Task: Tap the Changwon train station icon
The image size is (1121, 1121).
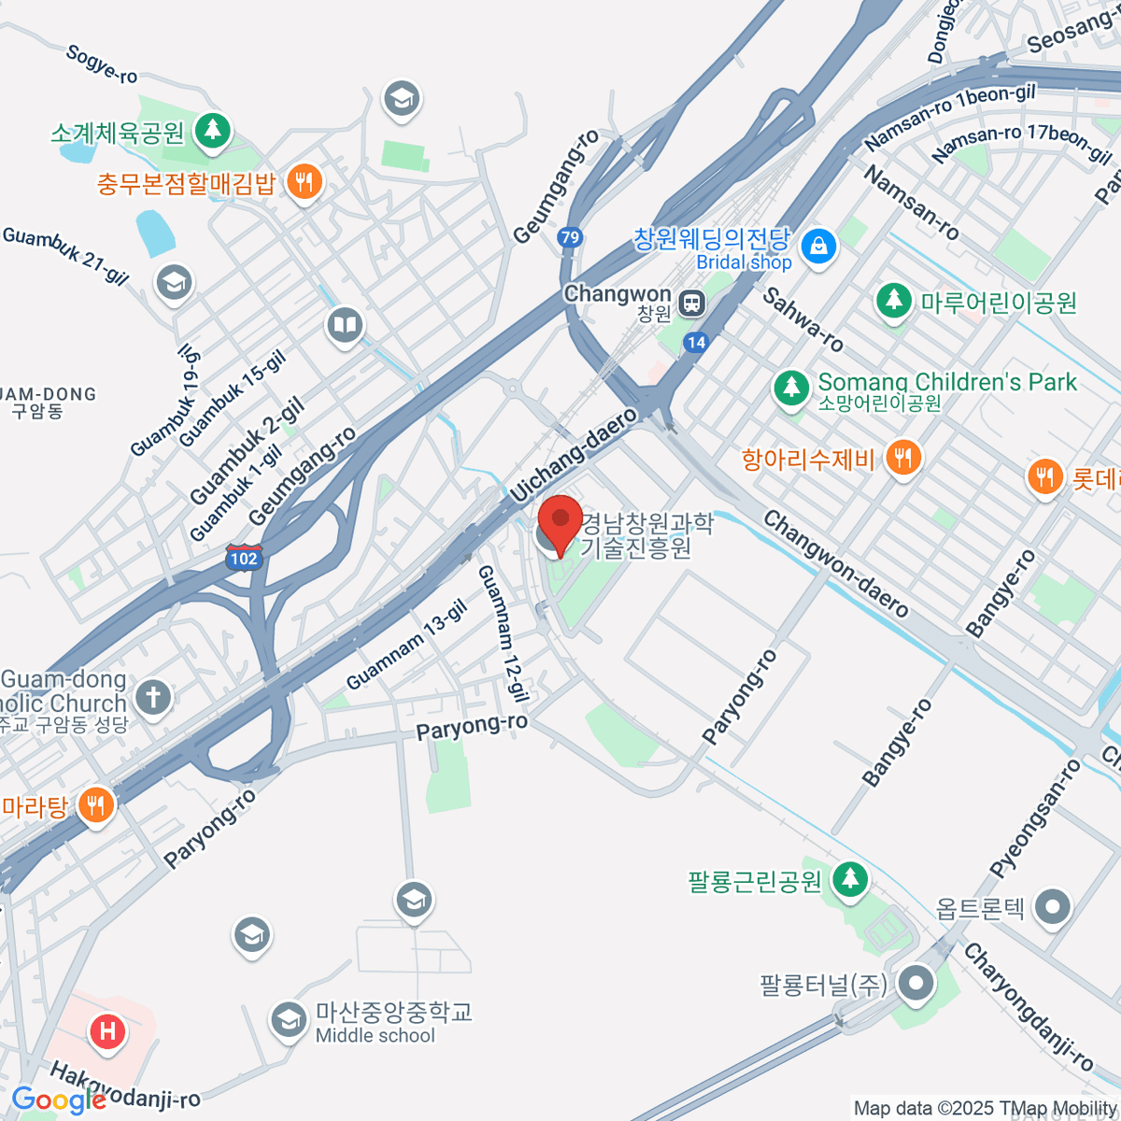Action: click(x=692, y=303)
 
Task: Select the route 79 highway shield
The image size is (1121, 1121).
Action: click(x=570, y=237)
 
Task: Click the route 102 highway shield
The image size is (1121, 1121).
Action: click(x=244, y=559)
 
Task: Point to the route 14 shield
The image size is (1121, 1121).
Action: click(x=695, y=342)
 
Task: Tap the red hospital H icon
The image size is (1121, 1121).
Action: click(x=107, y=1031)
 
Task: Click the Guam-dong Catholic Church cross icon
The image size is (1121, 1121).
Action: click(x=153, y=696)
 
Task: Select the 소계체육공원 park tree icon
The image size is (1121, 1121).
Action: click(x=213, y=130)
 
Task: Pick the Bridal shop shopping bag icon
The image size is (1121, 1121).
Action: click(x=819, y=247)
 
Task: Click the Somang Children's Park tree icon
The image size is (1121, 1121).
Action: click(x=791, y=387)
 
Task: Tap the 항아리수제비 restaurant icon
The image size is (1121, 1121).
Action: click(x=901, y=458)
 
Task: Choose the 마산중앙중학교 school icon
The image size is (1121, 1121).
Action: click(x=289, y=1020)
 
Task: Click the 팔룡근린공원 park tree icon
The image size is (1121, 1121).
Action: click(x=849, y=879)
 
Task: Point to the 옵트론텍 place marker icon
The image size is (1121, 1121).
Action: click(x=1054, y=906)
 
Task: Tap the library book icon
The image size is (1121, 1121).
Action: click(x=345, y=326)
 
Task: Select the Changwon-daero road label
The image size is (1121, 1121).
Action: click(x=835, y=563)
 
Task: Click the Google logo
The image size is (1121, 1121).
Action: click(x=58, y=1100)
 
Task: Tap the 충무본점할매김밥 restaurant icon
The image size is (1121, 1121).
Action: click(x=304, y=181)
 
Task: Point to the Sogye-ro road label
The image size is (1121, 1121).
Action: click(x=102, y=64)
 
